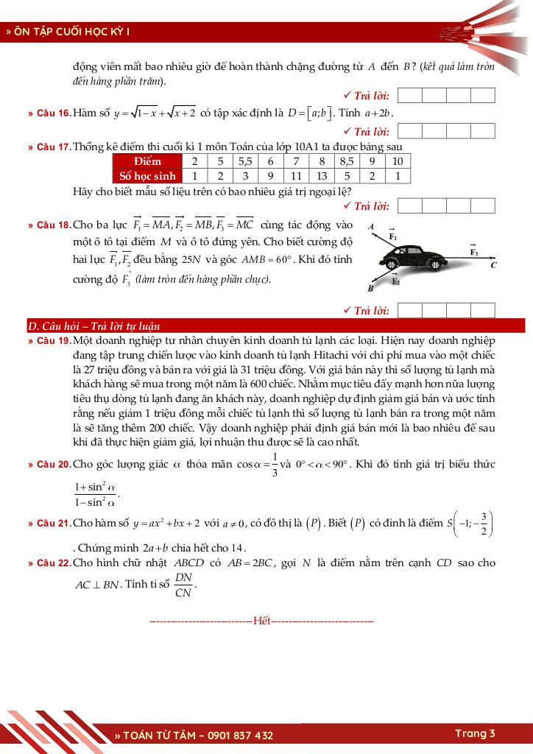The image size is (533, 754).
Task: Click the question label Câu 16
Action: [52, 113]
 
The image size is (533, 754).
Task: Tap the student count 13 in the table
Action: [322, 176]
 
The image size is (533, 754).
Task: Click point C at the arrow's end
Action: [493, 265]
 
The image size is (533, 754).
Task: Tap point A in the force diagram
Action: [372, 226]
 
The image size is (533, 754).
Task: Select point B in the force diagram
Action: [370, 289]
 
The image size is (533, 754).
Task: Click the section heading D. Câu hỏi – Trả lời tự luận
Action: [93, 326]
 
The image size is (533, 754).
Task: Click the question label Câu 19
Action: [52, 341]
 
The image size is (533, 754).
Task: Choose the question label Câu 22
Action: [52, 563]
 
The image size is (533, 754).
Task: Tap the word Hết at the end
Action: [261, 621]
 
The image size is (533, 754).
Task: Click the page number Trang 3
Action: [475, 733]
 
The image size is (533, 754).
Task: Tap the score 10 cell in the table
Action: [398, 161]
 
